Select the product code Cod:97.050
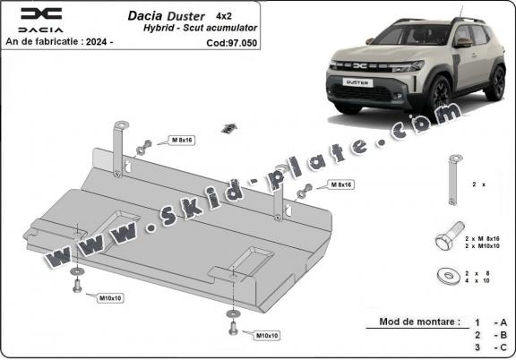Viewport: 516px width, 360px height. click(x=231, y=41)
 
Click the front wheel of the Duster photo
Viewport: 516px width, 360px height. click(x=441, y=92)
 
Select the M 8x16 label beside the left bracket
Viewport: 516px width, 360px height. click(x=183, y=141)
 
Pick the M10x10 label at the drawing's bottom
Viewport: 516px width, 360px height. click(x=267, y=335)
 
